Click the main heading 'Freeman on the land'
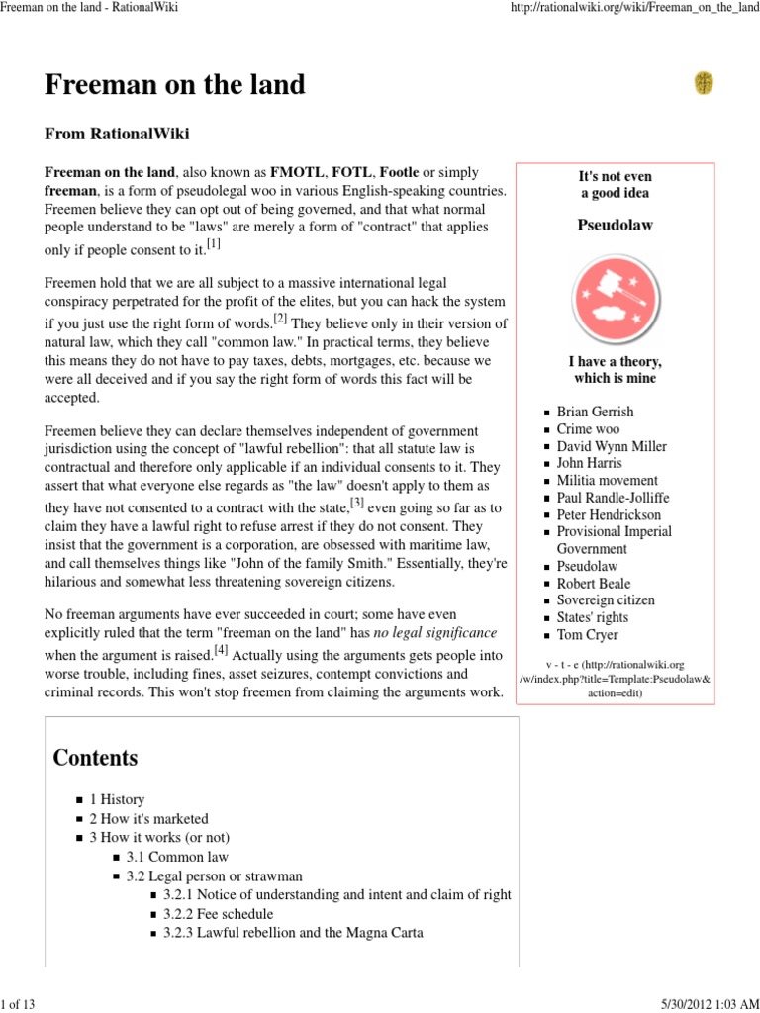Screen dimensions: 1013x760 coord(174,86)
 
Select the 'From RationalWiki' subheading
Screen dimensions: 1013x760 coord(118,134)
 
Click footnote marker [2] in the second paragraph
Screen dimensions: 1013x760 coord(281,319)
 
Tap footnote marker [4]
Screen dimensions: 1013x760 coord(221,649)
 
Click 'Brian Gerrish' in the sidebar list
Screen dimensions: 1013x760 coord(595,412)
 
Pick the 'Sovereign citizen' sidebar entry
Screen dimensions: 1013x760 coord(606,600)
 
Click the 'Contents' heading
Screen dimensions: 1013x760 coord(95,758)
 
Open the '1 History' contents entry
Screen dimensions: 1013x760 coord(117,799)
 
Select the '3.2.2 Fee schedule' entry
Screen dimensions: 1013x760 coord(219,914)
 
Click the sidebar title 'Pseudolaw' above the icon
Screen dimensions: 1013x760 coord(615,226)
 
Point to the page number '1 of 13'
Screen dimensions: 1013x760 coord(18,1004)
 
